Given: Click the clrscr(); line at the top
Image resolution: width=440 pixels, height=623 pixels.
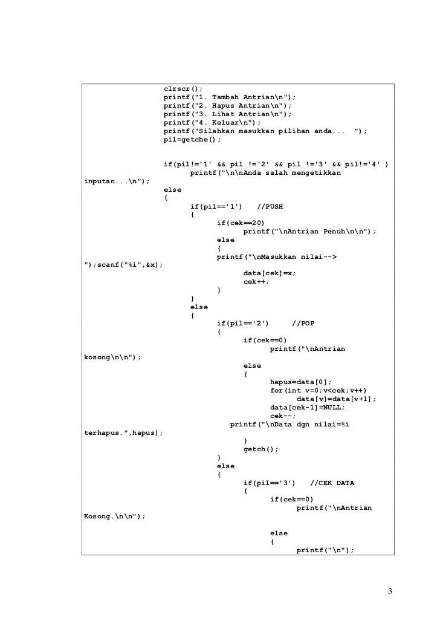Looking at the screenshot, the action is (x=183, y=88).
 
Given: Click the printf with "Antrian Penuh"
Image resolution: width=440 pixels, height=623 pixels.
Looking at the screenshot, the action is (x=309, y=232).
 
